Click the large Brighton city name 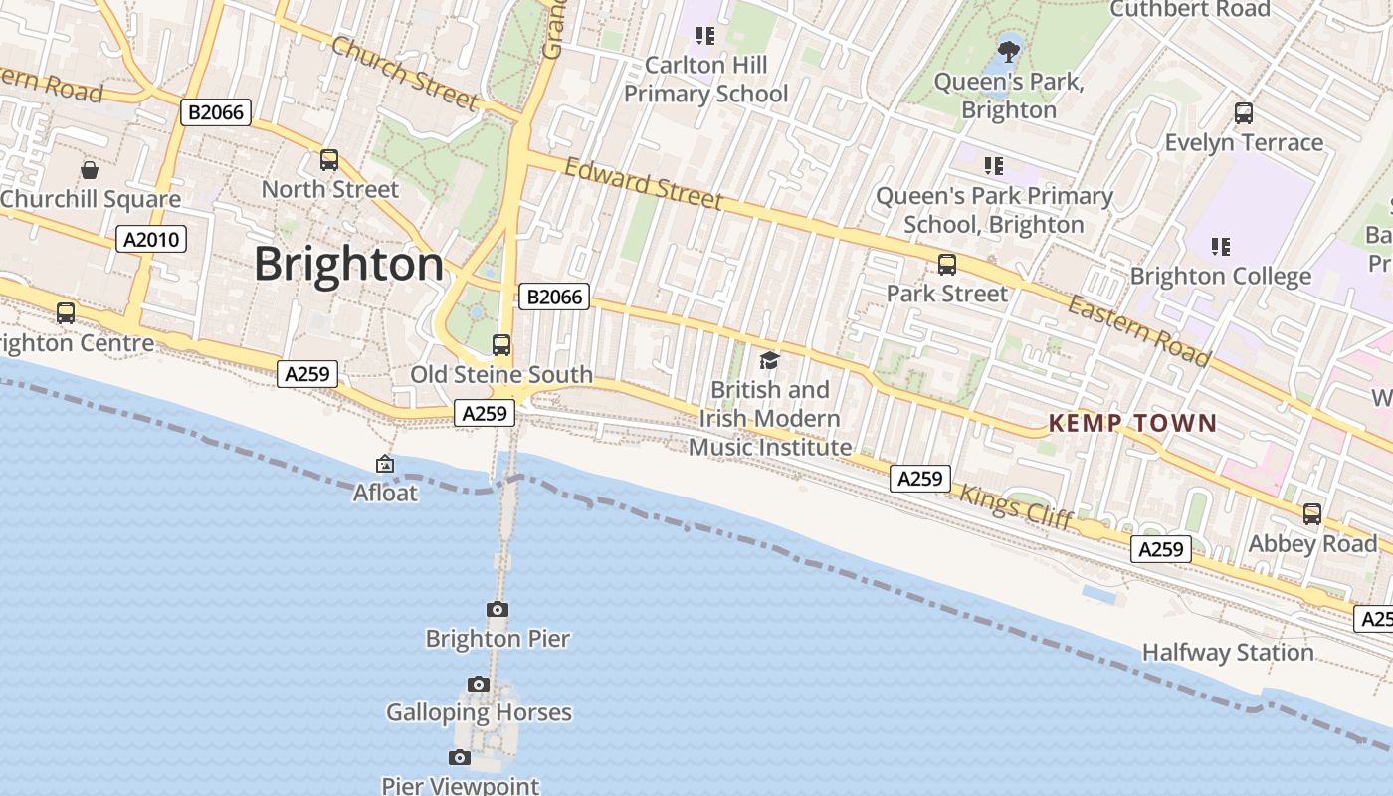tap(348, 265)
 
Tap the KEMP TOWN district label tap(1132, 424)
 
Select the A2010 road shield tap(151, 239)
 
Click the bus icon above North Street tap(329, 159)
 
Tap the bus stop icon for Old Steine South tap(501, 345)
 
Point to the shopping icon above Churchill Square tap(90, 170)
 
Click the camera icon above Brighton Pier tap(497, 609)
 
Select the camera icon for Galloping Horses tap(479, 684)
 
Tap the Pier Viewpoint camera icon tap(460, 757)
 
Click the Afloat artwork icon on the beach tap(385, 464)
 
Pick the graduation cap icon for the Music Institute tap(769, 360)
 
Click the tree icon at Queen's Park tap(1009, 50)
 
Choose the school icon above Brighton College tap(1221, 246)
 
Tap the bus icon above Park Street tap(947, 264)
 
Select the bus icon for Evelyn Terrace tap(1244, 113)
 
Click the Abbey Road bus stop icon tap(1312, 514)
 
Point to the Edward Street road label tap(643, 184)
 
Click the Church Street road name tap(404, 73)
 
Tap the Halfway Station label tap(1228, 653)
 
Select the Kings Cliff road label tap(1016, 506)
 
